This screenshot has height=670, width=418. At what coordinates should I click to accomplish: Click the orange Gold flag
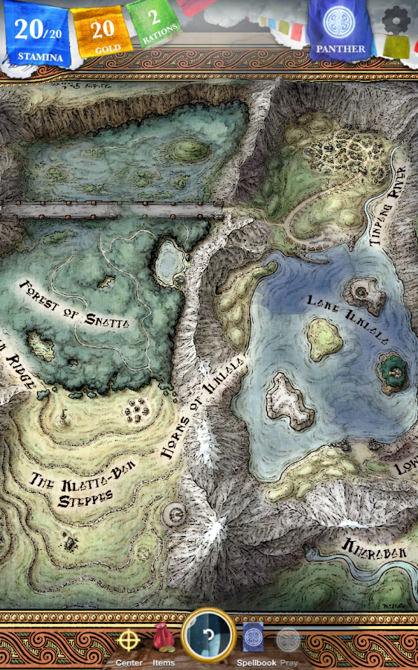coord(102,32)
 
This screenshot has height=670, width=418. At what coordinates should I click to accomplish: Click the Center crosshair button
coord(129,641)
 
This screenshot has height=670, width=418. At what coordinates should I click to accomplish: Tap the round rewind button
coord(209,636)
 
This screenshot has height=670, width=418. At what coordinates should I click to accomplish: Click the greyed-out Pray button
coord(288,641)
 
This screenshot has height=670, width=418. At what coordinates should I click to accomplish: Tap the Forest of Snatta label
coord(74,304)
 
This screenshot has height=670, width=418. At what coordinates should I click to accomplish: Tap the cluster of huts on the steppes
coord(138,409)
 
